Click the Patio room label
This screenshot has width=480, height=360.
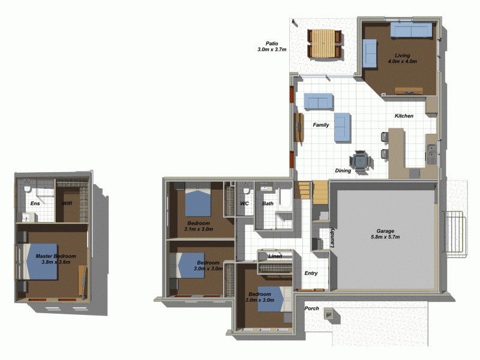tap(271, 44)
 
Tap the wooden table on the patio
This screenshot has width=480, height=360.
tap(324, 44)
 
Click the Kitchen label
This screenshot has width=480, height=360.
tap(403, 116)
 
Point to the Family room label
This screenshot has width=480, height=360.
tap(321, 125)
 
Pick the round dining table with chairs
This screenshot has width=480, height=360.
tap(361, 161)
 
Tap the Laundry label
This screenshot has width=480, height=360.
tap(332, 238)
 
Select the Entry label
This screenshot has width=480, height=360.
tap(311, 273)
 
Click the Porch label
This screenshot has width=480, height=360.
tap(312, 308)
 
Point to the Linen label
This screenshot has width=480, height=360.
tap(275, 256)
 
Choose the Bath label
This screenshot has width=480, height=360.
tap(268, 203)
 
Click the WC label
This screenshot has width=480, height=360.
tap(244, 203)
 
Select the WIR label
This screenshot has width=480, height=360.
tap(68, 203)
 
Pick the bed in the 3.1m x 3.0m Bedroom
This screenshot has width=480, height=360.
tap(197, 202)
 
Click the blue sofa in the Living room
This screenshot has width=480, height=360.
tap(411, 29)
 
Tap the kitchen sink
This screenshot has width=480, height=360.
tap(431, 153)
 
